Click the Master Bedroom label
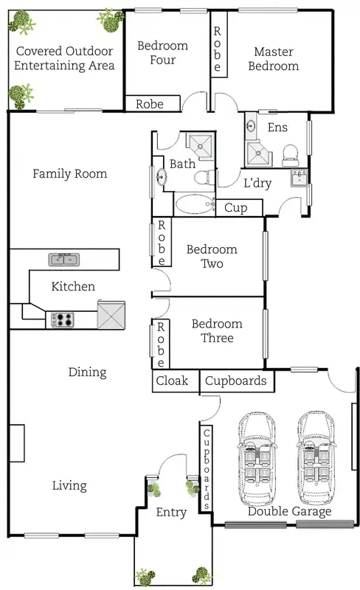[274, 59]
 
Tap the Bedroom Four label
[163, 52]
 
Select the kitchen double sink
[64, 260]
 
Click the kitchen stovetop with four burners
[63, 320]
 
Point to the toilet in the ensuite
[291, 156]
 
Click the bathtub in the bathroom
[195, 204]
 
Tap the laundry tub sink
[300, 178]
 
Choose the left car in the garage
[257, 458]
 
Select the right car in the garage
[316, 457]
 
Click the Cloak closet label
[172, 381]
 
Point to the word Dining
[87, 372]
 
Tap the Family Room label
[69, 173]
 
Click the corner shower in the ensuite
[258, 154]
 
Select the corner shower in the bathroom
[201, 145]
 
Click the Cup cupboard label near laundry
[236, 208]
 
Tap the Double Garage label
[290, 511]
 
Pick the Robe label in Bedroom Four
[150, 104]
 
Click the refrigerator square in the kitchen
[111, 315]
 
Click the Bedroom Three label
[217, 330]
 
